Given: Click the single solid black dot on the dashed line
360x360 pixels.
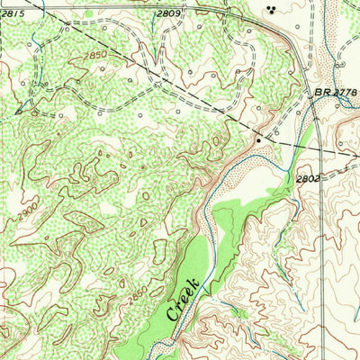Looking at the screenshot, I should [258, 140].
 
